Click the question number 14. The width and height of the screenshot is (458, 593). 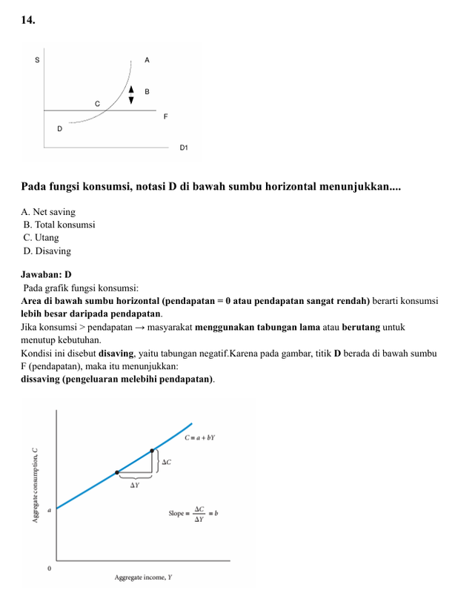pos(27,20)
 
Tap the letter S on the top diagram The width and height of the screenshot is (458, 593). pos(38,59)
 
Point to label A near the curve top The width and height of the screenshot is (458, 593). pos(147,59)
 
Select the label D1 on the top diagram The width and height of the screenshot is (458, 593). pos(184,148)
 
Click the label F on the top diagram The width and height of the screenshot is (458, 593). pos(166,117)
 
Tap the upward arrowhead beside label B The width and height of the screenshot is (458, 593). pos(132,88)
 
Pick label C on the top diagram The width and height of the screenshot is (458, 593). pos(97,104)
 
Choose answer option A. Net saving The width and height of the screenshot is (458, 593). pos(48,212)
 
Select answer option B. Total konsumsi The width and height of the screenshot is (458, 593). pos(59,225)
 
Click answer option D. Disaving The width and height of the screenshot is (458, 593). pos(47,251)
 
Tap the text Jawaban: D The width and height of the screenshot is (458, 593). pos(46,274)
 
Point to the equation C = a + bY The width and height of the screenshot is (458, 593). pos(199,438)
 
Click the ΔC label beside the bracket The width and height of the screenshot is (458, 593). pos(167,462)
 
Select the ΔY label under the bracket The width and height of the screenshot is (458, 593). pos(135,486)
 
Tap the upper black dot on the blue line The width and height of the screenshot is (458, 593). pos(153,450)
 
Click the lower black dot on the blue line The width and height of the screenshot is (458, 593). pos(117,472)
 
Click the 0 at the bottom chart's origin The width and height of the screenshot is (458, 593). pos(50,569)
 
